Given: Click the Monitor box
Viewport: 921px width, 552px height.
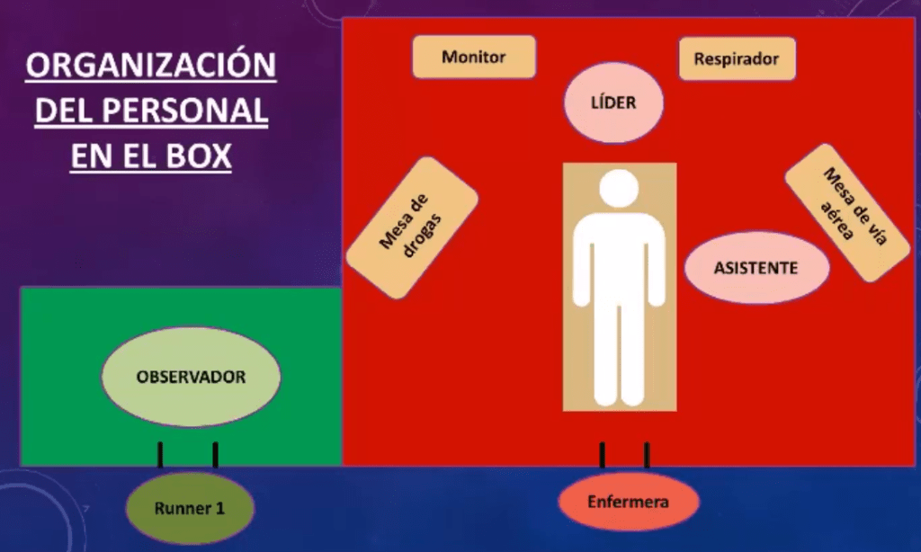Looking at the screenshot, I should tap(474, 58).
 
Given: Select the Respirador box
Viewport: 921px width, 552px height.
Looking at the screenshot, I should tap(737, 59).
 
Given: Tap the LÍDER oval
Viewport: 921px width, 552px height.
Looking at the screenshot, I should tap(613, 102).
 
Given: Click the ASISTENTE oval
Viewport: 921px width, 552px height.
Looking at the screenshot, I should tap(756, 268).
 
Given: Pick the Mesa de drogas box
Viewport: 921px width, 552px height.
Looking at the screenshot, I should tap(412, 228).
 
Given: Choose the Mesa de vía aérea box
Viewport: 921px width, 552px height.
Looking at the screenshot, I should tap(846, 211).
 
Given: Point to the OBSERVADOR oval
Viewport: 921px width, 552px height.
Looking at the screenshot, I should tap(191, 378).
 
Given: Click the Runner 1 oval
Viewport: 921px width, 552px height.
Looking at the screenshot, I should tap(190, 508).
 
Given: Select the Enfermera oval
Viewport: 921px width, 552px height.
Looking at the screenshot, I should tap(628, 502).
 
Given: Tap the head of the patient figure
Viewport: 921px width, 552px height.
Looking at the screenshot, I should tap(619, 189).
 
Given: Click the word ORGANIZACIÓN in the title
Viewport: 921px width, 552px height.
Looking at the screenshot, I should tap(150, 67).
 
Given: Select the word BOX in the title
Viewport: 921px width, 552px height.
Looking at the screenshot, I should tap(192, 156).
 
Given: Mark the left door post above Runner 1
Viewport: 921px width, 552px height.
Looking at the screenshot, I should tap(161, 455).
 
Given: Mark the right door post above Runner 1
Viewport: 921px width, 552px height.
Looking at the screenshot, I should tap(215, 455).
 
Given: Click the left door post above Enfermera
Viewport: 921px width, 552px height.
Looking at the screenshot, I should tap(602, 455).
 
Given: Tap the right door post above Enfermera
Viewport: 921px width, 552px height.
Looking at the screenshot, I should tap(647, 455).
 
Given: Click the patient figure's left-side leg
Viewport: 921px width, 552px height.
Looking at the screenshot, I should tap(604, 351).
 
